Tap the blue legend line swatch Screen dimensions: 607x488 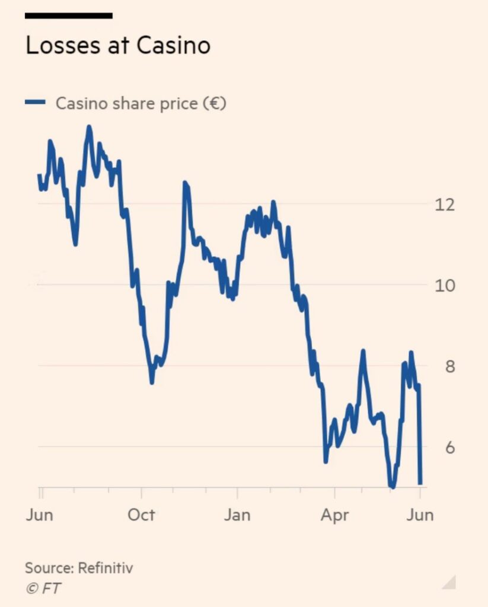(35, 103)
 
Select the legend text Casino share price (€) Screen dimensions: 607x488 (141, 103)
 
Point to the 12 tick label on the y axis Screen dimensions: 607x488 (445, 205)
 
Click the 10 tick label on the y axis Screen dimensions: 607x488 (445, 285)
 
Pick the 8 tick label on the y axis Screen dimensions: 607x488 (449, 366)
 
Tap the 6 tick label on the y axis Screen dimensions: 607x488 (449, 448)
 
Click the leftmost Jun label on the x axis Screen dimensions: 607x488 (39, 515)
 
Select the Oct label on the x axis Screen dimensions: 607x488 (141, 515)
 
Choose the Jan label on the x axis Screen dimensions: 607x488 (237, 515)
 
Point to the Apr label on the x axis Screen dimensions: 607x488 (334, 515)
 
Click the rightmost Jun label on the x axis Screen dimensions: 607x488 (419, 515)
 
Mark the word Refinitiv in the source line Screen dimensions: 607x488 (105, 568)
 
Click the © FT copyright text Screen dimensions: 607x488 (43, 588)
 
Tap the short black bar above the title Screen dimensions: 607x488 (68, 16)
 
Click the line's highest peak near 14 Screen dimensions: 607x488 (89, 127)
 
